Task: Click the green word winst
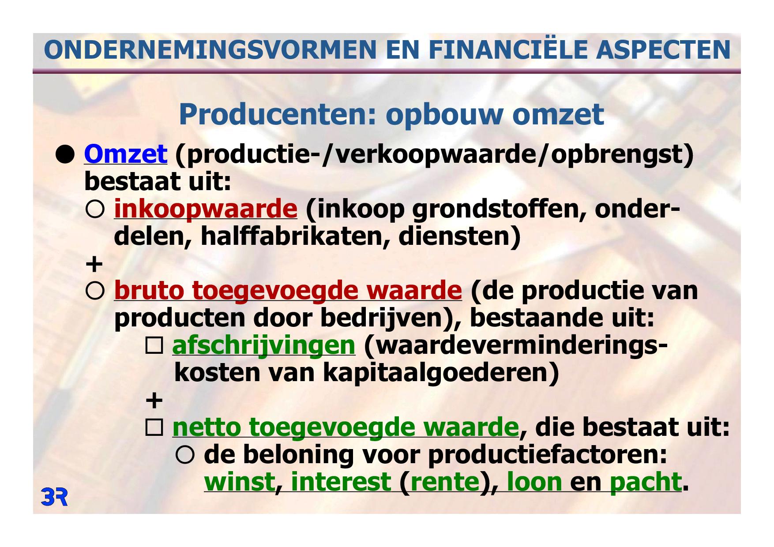[239, 482]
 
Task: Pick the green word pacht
[646, 482]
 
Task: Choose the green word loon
[534, 482]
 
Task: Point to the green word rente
[445, 482]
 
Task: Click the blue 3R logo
[54, 497]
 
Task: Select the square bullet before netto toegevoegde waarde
[154, 428]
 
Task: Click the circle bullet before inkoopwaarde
[95, 210]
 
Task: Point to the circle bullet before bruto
[95, 292]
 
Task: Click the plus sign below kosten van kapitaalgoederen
[154, 401]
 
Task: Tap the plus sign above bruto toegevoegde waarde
[94, 264]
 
